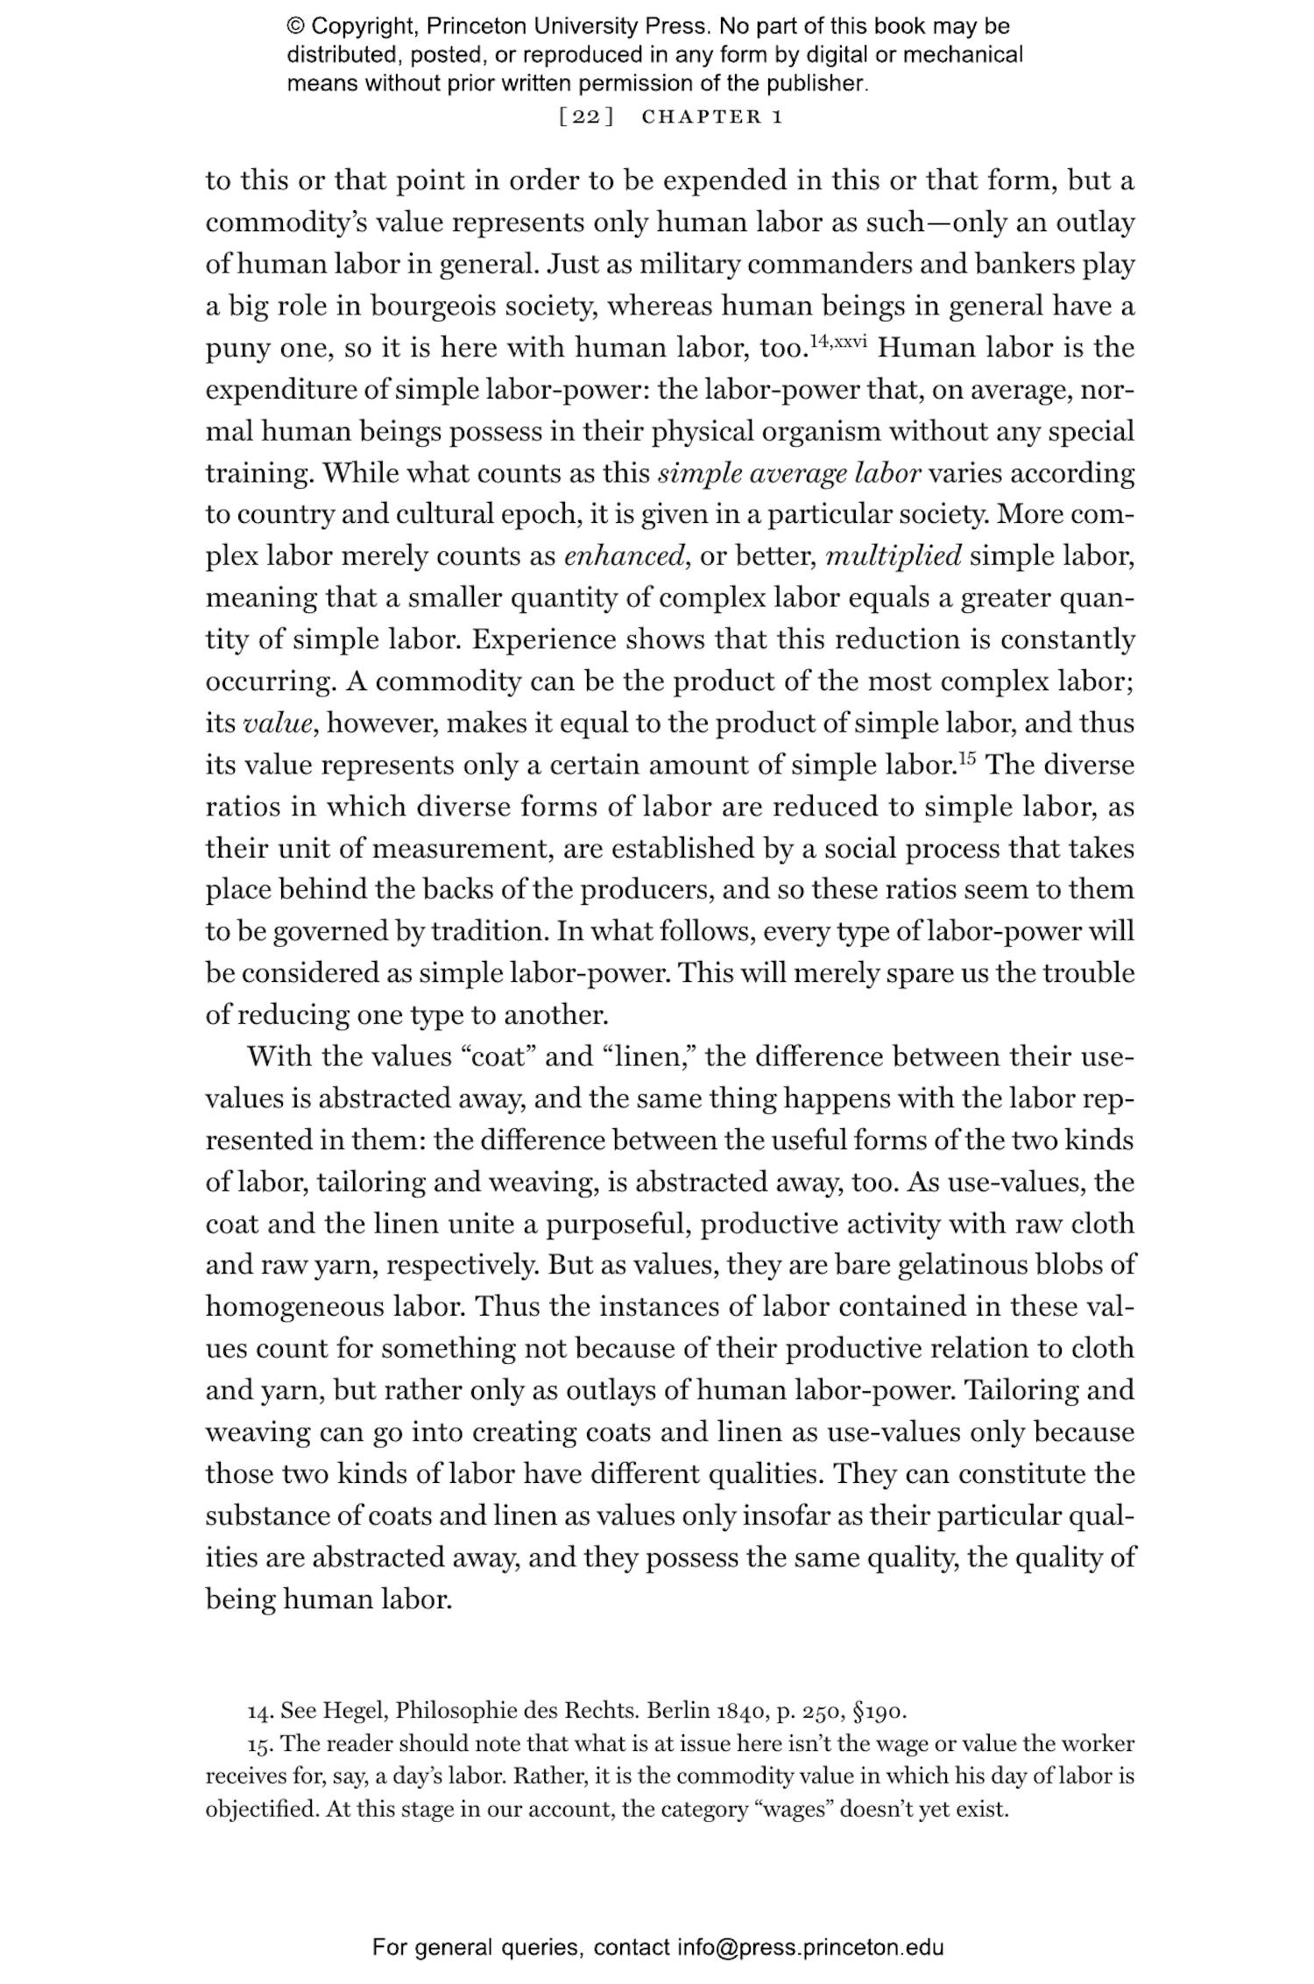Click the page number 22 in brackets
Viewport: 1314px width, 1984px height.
tap(586, 116)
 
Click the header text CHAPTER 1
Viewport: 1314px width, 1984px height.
tap(711, 116)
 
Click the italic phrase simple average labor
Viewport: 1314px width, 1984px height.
tap(788, 474)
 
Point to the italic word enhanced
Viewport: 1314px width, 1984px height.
tap(623, 557)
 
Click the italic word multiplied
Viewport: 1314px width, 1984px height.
tap(893, 557)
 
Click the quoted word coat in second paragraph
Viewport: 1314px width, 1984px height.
tap(498, 1057)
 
